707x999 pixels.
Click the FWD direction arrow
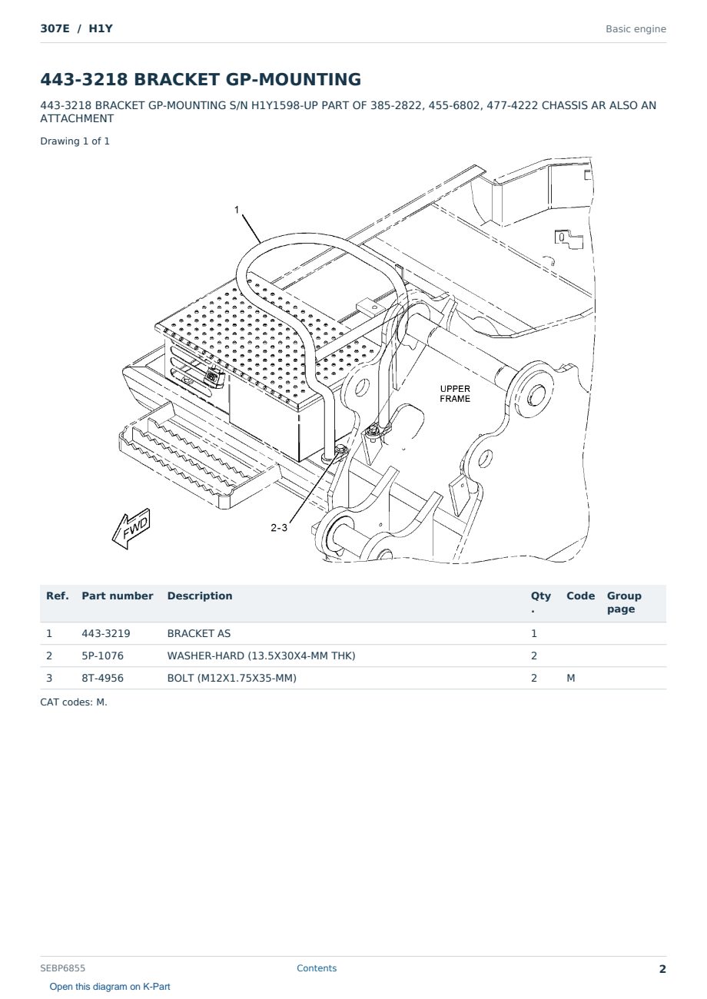coord(131,529)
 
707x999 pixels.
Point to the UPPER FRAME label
coord(455,393)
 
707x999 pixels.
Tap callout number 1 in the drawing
coord(237,210)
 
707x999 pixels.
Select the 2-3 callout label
coord(279,528)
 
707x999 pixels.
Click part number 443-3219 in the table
coord(106,633)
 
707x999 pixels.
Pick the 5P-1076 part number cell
coord(102,655)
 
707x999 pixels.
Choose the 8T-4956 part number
coord(102,678)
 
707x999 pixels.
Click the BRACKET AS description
coord(198,633)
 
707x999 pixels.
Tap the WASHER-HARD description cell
coord(261,655)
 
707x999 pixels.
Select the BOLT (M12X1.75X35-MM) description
coord(231,678)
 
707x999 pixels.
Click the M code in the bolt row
coord(570,678)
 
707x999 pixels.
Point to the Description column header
coord(199,596)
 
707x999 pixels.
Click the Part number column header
coord(118,596)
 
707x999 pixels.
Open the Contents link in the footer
coord(317,967)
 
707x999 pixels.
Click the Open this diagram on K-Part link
coord(110,986)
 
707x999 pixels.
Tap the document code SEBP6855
coord(62,967)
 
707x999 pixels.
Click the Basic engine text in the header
coord(636,29)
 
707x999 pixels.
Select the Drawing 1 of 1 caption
coord(75,141)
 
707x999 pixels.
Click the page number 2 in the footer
coord(662,969)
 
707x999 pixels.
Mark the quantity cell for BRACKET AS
coord(534,633)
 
